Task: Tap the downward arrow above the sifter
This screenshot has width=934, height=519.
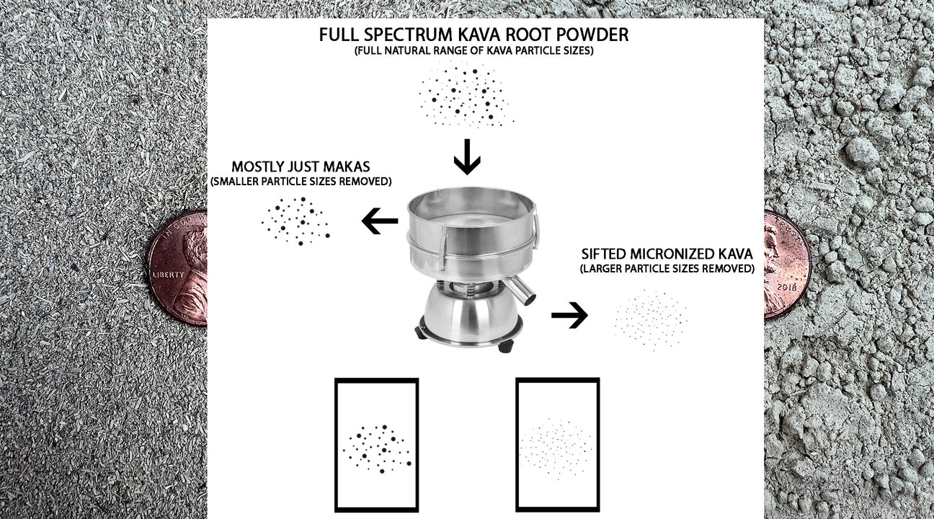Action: [x=467, y=158]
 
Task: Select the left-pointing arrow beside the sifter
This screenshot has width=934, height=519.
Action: [x=379, y=221]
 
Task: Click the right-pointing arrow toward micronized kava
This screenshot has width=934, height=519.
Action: [x=569, y=315]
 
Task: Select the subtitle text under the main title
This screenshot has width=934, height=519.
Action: [x=473, y=51]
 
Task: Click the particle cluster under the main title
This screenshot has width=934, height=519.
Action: [x=466, y=94]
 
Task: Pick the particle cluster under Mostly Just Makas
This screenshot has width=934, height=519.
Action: [x=296, y=221]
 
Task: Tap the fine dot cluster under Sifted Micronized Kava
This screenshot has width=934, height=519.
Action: [x=651, y=320]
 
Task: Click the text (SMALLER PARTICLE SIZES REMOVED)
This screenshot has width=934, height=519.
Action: [x=301, y=182]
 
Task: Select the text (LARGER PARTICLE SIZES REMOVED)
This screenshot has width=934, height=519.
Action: [x=667, y=269]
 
